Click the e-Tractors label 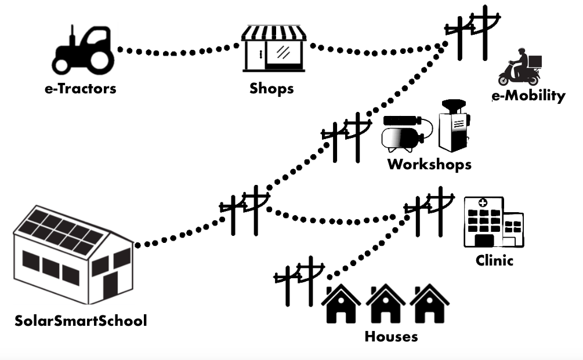click(81, 89)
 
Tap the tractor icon click(84, 50)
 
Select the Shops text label click(271, 89)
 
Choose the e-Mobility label click(528, 96)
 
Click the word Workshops click(429, 164)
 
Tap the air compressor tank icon click(401, 133)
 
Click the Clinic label click(494, 260)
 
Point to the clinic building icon click(493, 223)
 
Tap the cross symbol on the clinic click(482, 203)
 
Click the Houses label click(391, 336)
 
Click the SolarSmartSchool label click(81, 321)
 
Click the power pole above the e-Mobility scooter click(472, 34)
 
